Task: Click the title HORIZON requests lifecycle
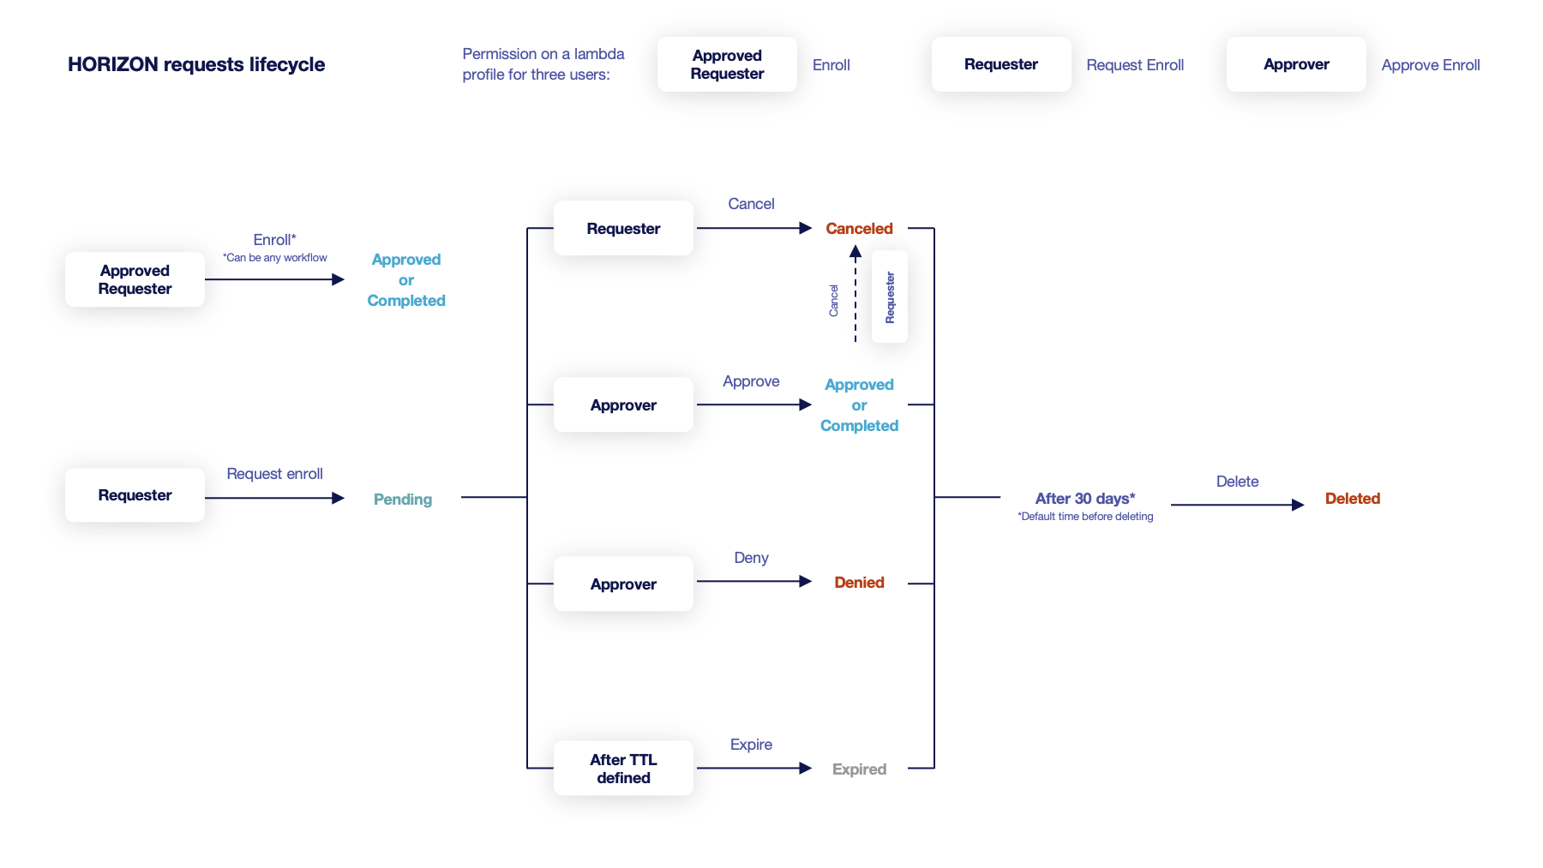(x=196, y=65)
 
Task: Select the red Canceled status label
(x=859, y=229)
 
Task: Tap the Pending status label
(x=403, y=500)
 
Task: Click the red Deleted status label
(x=1352, y=499)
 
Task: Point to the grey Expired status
(x=859, y=769)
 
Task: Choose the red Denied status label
(x=859, y=583)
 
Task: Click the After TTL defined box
(x=623, y=769)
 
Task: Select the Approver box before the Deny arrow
(x=623, y=584)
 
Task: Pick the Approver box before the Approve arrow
(x=623, y=405)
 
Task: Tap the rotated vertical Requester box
(x=890, y=297)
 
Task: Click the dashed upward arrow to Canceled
(x=855, y=296)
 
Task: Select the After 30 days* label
(x=1085, y=499)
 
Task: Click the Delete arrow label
(x=1237, y=482)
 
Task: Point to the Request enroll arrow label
(x=274, y=474)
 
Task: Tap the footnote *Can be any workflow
(x=275, y=258)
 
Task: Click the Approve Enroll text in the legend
(x=1431, y=65)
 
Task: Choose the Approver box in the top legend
(x=1296, y=64)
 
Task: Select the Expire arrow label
(x=751, y=745)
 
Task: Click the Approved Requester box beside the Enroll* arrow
(x=135, y=279)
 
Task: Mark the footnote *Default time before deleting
(x=1085, y=517)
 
